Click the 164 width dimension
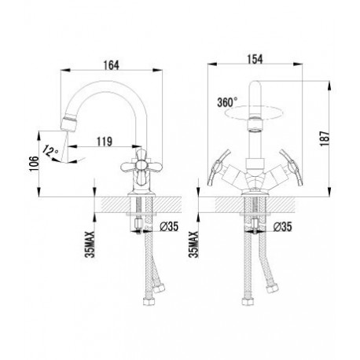pyautogui.click(x=112, y=65)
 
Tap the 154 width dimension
pyautogui.click(x=255, y=59)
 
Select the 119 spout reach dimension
pyautogui.click(x=105, y=141)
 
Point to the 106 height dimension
pyautogui.click(x=35, y=163)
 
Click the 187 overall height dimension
pyautogui.click(x=325, y=138)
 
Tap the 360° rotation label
pyautogui.click(x=227, y=102)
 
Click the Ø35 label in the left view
pyautogui.click(x=169, y=226)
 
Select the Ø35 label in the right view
pyautogui.click(x=282, y=226)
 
